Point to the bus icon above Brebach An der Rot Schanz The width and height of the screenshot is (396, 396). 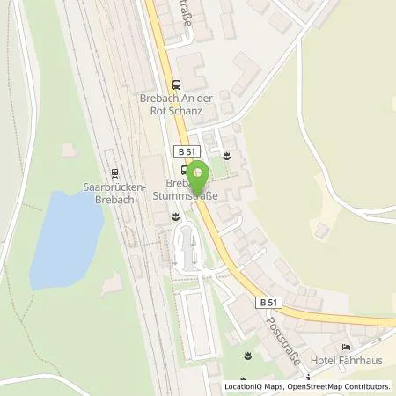click(177, 85)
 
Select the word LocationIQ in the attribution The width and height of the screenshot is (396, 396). click(243, 386)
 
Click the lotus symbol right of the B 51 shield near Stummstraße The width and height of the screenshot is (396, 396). click(227, 155)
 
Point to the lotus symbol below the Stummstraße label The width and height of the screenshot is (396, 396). click(176, 214)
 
